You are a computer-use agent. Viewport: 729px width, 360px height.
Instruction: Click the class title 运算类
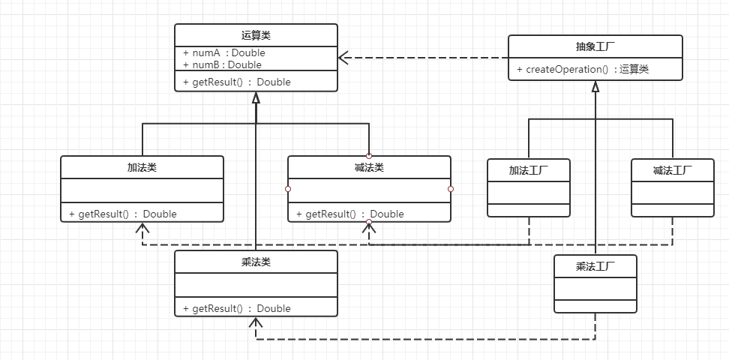click(x=256, y=35)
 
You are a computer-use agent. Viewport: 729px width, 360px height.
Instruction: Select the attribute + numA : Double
click(x=223, y=53)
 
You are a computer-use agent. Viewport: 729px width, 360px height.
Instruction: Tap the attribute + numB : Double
click(x=222, y=64)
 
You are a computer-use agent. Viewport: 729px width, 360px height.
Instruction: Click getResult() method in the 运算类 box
click(x=236, y=82)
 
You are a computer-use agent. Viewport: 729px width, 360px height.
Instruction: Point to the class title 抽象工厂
click(x=595, y=46)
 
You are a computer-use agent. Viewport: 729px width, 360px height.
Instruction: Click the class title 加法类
click(x=142, y=167)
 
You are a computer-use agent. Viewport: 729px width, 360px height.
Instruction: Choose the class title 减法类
click(x=369, y=167)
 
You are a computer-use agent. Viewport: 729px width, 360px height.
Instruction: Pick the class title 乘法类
click(x=256, y=262)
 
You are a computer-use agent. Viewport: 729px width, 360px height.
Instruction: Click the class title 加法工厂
click(x=529, y=170)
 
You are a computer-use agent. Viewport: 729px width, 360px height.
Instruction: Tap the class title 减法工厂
click(x=673, y=170)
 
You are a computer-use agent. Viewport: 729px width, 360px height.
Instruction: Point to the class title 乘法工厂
click(x=595, y=266)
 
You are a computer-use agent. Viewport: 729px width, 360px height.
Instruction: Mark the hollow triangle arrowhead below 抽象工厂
click(x=595, y=86)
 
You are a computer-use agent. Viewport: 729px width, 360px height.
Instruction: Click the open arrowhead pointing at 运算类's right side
click(x=343, y=58)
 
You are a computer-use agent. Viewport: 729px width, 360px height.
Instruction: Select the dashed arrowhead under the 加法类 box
click(x=142, y=229)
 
